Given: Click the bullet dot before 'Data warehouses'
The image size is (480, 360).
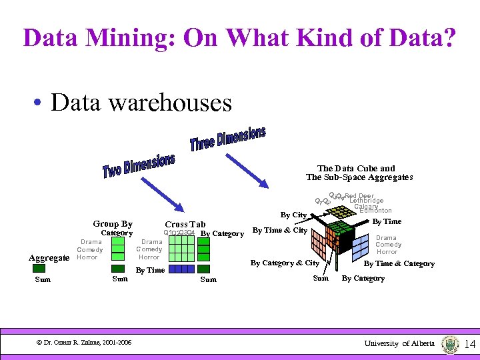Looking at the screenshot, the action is (x=41, y=103).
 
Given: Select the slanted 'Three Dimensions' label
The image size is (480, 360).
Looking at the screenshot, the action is (x=227, y=139).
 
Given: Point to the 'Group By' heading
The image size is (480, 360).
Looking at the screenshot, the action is (x=113, y=224).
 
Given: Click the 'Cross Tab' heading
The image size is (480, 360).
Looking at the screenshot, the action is (x=185, y=225).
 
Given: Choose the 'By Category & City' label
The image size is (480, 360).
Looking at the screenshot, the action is (x=285, y=263).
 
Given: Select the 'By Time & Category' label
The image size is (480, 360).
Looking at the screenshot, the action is (x=399, y=263).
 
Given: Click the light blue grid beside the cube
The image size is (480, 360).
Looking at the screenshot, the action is (x=361, y=247).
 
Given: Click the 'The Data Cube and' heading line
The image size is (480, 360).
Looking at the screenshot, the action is (x=356, y=169).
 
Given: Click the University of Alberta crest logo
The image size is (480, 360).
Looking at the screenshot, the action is (x=450, y=343).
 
